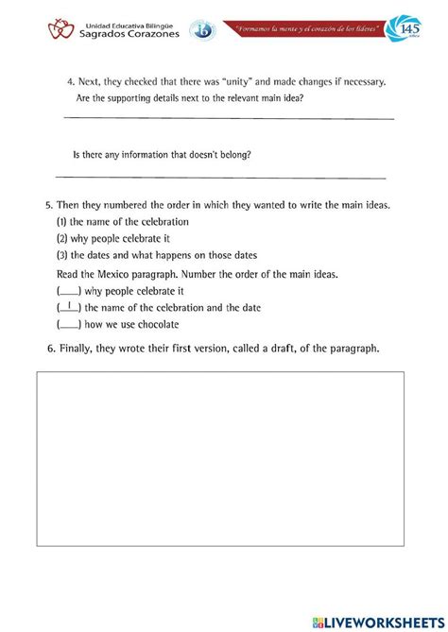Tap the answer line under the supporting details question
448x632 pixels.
coord(227,118)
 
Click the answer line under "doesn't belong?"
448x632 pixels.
coord(221,177)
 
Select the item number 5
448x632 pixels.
coord(48,206)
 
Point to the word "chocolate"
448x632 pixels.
coord(154,324)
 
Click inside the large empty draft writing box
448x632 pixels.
coord(220,458)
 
